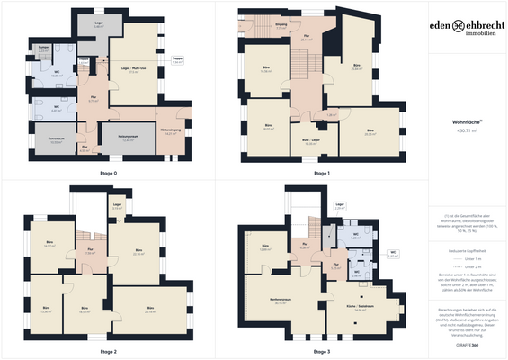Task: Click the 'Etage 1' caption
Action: pyautogui.click(x=322, y=172)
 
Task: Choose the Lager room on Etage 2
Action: pyautogui.click(x=118, y=207)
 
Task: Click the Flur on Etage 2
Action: pyautogui.click(x=90, y=252)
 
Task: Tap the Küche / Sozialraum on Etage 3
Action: pyautogui.click(x=361, y=308)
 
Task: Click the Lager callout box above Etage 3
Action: pyautogui.click(x=340, y=206)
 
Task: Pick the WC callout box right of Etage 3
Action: pyautogui.click(x=392, y=254)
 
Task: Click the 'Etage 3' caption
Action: pyautogui.click(x=322, y=350)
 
